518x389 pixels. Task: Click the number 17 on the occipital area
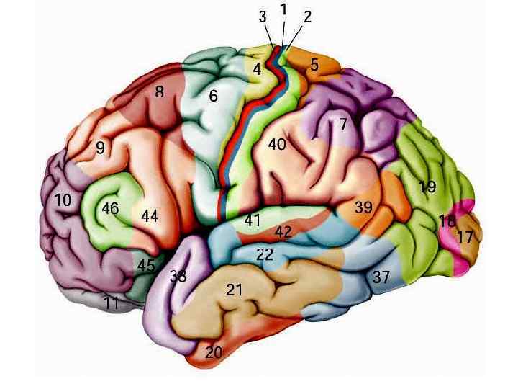pos(465,236)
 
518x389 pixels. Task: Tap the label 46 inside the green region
pos(110,209)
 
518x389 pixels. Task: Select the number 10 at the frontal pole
pos(63,200)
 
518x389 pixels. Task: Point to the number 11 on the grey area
pos(110,303)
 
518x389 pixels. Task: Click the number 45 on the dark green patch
pos(146,265)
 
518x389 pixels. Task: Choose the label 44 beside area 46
pos(150,215)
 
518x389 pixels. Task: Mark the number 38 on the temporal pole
pos(178,275)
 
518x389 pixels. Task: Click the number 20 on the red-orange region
pos(214,352)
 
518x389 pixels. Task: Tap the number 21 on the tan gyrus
pos(235,290)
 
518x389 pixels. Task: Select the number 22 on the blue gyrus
pos(265,254)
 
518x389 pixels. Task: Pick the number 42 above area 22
pos(283,233)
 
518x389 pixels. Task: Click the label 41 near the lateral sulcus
pos(252,220)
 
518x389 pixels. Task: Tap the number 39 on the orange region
pos(363,207)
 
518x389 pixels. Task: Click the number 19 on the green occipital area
pos(427,187)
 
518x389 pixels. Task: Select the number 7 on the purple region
pos(344,124)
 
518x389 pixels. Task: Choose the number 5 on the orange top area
pos(314,65)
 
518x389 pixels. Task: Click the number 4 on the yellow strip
pos(257,70)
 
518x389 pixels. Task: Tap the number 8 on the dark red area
pos(159,92)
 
